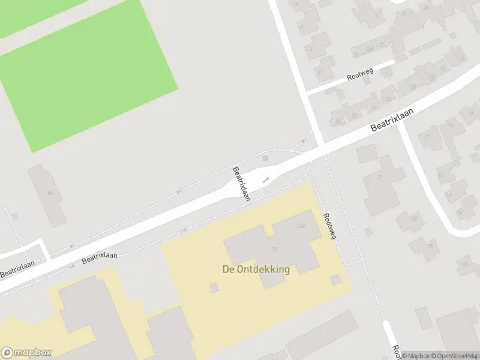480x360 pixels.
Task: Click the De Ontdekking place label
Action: click(256, 269)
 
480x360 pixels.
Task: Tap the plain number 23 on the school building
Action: click(275, 250)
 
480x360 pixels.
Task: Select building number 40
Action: click(50, 193)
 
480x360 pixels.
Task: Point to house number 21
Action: click(379, 177)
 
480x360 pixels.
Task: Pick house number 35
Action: click(430, 246)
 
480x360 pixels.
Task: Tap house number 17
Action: click(428, 137)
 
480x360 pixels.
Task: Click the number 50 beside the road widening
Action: click(265, 158)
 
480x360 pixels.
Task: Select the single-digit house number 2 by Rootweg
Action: click(319, 71)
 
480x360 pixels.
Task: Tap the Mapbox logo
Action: click(26, 353)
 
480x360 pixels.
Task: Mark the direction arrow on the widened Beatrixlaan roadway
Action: click(265, 179)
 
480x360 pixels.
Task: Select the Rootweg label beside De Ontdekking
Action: click(329, 226)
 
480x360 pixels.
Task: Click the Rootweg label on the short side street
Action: click(360, 75)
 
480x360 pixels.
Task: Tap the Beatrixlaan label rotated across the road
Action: click(242, 183)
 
